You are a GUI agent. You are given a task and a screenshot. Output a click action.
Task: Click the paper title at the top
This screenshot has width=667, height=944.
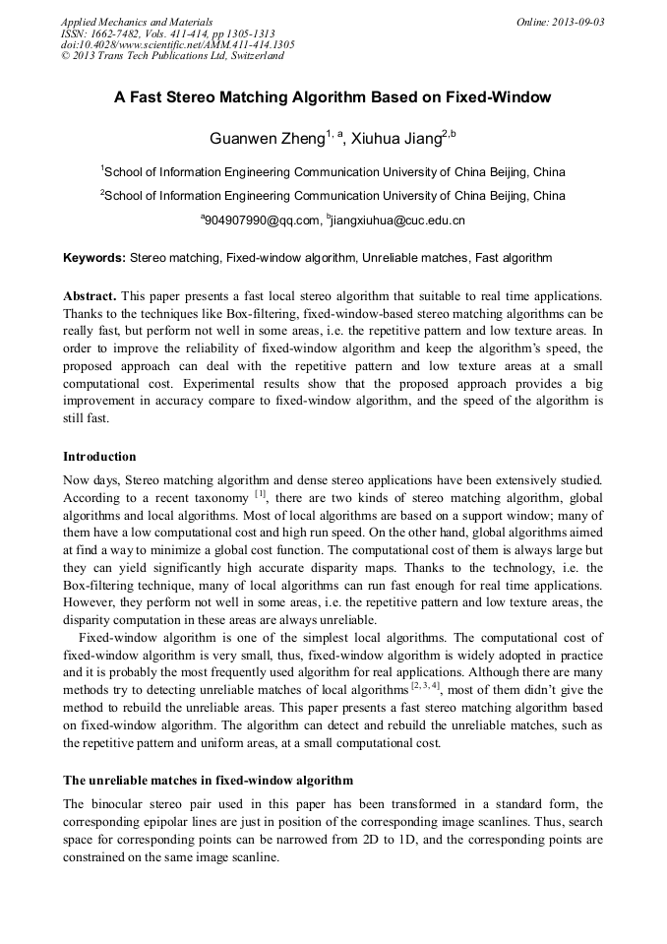pos(333,97)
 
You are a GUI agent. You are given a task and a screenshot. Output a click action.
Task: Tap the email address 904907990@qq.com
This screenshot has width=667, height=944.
pos(263,220)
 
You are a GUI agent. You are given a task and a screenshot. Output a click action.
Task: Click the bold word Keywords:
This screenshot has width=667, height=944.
pos(94,258)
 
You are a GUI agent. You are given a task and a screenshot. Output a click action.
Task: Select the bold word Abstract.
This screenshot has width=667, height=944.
pos(91,296)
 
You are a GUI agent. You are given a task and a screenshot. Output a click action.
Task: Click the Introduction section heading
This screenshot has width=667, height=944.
pos(99,457)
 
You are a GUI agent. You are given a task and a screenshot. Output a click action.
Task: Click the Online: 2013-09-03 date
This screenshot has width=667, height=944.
pos(560,22)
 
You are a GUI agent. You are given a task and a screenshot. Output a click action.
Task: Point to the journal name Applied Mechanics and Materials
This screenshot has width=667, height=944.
pos(137,22)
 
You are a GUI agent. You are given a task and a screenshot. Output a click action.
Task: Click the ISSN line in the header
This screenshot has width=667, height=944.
pos(167,33)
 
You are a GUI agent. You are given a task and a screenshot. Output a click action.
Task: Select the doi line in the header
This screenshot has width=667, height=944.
pos(177,44)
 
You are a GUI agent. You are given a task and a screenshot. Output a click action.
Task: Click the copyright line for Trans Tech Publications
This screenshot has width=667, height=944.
pos(172,56)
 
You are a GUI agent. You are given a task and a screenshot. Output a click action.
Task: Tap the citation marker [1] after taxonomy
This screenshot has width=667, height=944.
pos(260,495)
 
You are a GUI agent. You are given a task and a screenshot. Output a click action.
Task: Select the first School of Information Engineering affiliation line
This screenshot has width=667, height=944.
pos(333,171)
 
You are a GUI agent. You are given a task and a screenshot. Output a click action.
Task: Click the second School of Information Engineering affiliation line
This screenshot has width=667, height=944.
pos(333,195)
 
